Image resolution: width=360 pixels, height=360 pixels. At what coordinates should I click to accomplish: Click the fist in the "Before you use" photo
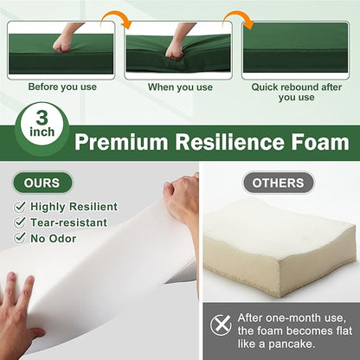[x=62, y=44]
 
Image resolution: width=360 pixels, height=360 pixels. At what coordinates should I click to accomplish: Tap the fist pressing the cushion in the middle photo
[x=174, y=52]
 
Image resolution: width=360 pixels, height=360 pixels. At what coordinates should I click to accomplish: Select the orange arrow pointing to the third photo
[x=240, y=20]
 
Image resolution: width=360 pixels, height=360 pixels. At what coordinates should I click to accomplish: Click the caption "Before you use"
[x=62, y=87]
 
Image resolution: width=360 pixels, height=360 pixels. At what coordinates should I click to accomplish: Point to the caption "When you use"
[x=180, y=87]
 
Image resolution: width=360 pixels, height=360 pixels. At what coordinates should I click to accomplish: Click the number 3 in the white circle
[x=42, y=118]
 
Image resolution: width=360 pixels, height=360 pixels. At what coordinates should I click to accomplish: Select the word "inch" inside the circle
[x=42, y=132]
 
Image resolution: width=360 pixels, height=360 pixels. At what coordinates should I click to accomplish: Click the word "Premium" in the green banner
[x=121, y=142]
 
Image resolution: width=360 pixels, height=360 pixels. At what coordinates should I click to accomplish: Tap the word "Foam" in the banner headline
[x=320, y=142]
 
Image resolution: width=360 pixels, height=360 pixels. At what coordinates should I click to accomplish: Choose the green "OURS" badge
[x=42, y=183]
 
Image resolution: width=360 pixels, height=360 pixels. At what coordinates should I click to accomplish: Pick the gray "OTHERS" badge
[x=278, y=183]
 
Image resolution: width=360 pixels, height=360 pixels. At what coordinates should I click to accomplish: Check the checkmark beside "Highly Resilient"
[x=20, y=207]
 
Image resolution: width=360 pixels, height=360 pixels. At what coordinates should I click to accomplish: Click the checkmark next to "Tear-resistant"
[x=20, y=222]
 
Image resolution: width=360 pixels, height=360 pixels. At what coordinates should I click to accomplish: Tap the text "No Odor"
[x=54, y=239]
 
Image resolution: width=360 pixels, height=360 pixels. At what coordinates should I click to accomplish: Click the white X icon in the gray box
[x=221, y=325]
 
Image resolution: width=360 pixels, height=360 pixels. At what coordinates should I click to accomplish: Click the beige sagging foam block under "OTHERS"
[x=280, y=247]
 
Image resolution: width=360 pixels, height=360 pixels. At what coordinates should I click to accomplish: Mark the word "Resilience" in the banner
[x=229, y=142]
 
